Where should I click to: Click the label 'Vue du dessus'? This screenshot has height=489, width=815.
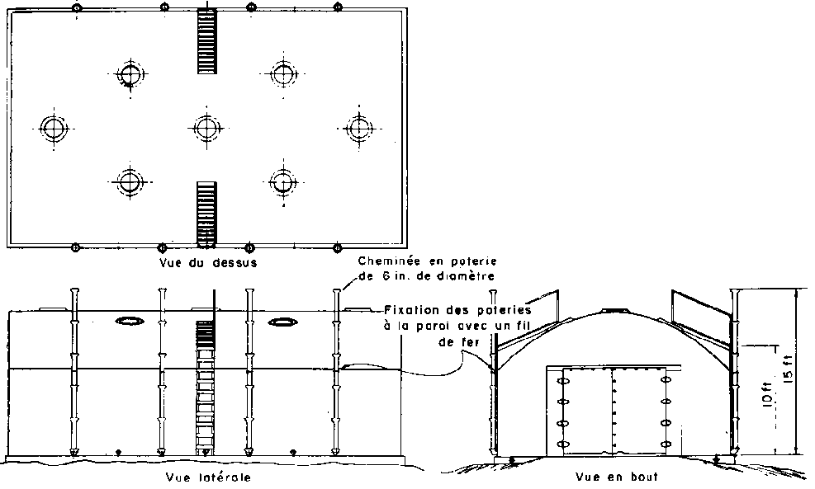point(208,262)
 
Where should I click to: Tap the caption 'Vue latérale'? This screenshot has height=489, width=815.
point(208,477)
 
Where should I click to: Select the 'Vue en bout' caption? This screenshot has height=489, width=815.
point(617,476)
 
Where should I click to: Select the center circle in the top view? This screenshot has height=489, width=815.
point(207,128)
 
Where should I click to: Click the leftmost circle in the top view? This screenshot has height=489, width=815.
point(54,128)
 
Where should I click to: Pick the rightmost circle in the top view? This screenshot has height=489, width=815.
point(358,128)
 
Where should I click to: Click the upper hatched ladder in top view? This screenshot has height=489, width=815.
point(207,41)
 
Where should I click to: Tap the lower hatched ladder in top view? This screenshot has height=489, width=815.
point(207,213)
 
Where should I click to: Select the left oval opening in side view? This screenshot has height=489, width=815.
point(130,322)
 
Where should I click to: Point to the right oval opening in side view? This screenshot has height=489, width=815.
point(283,322)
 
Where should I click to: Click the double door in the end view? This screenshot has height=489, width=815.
point(614,411)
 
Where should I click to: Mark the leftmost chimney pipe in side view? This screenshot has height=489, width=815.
point(75,372)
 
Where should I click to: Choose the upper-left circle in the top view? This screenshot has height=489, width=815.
point(130,74)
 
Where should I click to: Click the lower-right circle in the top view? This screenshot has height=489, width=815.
point(283,181)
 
